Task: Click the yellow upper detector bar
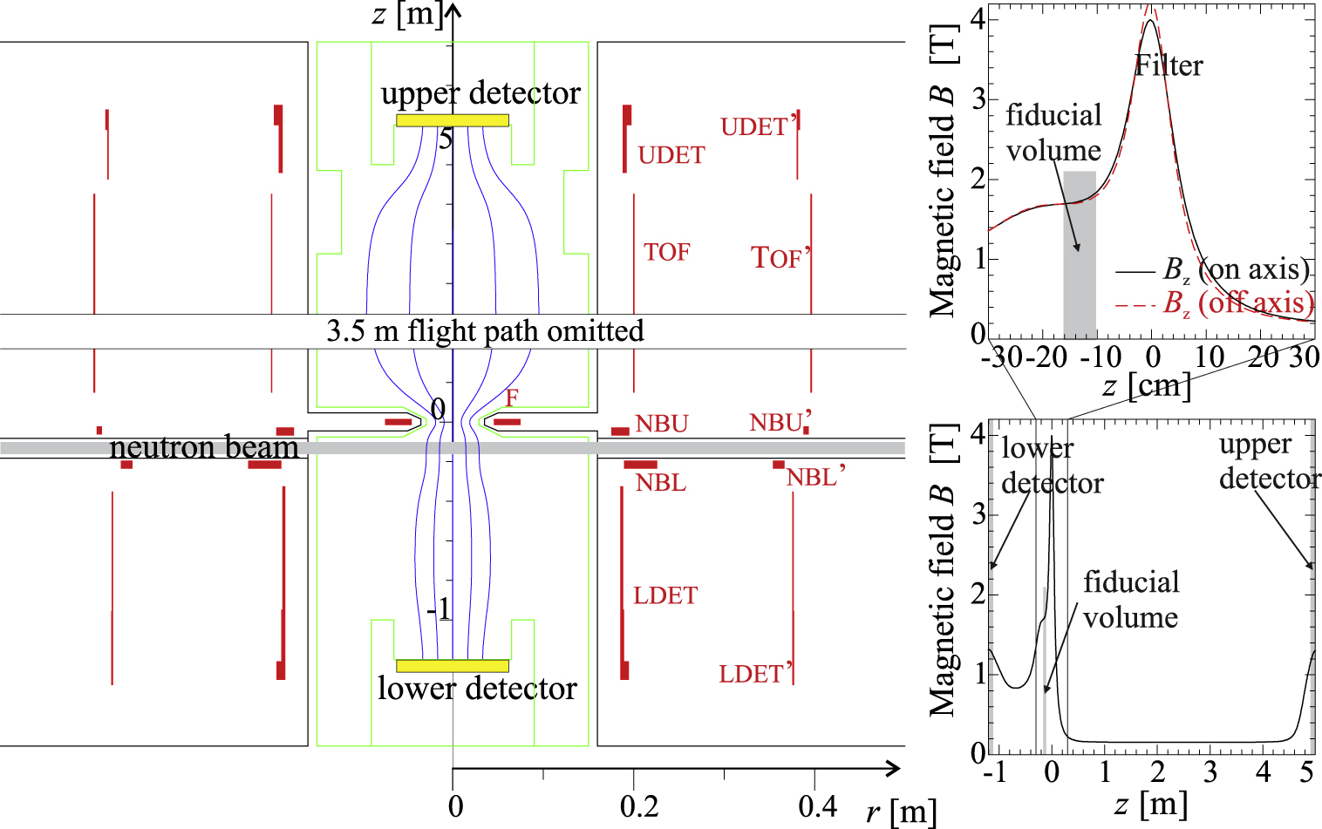click(452, 120)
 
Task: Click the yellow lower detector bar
click(452, 666)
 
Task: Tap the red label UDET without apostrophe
click(671, 155)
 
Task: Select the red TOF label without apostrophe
click(666, 253)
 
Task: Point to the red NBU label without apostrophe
click(661, 425)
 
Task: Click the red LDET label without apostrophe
click(664, 596)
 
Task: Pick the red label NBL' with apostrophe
click(815, 477)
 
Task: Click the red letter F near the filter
click(512, 398)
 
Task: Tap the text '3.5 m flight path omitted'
click(485, 331)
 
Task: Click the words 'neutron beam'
click(203, 448)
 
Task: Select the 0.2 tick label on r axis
click(638, 806)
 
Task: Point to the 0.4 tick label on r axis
click(817, 806)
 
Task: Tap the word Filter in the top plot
click(1169, 66)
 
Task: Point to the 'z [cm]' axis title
click(1145, 384)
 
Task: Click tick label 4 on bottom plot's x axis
click(1263, 772)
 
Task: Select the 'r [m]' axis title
click(901, 812)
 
